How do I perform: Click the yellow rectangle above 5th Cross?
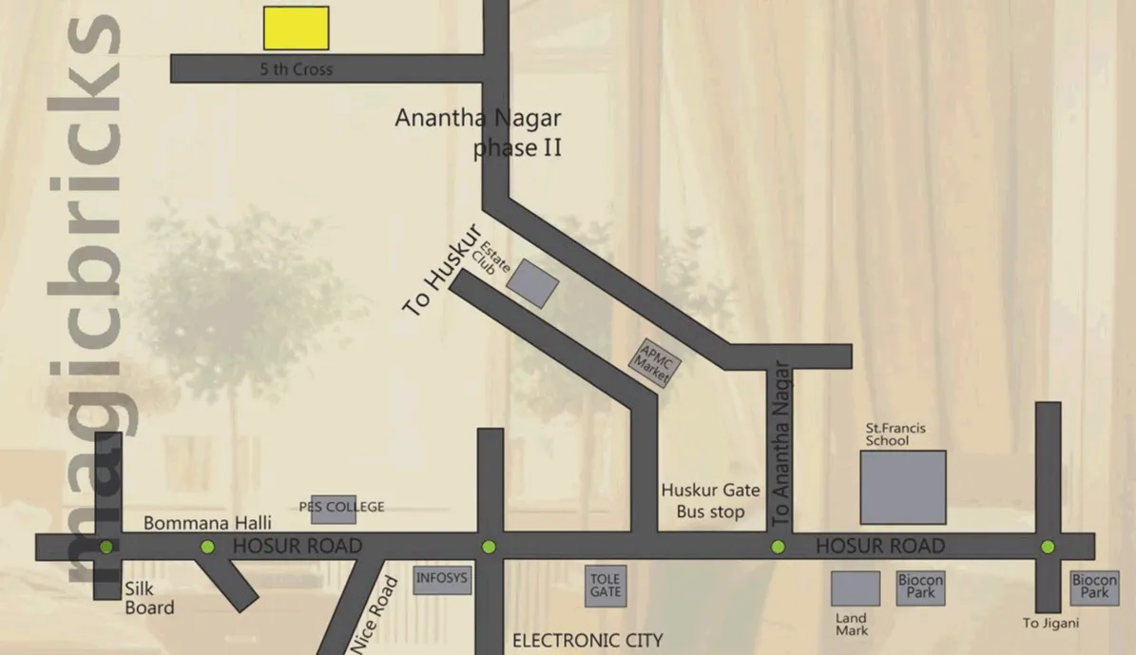pos(296,28)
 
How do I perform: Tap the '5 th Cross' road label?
pos(297,69)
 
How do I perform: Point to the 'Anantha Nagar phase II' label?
pos(479,133)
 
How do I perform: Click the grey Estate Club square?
pos(532,284)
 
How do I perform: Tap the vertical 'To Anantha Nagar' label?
pos(780,444)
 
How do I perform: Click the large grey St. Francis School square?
pos(903,487)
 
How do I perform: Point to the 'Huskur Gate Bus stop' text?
pos(711,501)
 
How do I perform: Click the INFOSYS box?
pos(442,580)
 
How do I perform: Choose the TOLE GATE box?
pos(606,586)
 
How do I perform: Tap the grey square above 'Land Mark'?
pos(856,588)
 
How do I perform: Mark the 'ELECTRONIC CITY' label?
pos(587,641)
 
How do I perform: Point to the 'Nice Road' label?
pos(374,613)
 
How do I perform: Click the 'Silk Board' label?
pos(149,599)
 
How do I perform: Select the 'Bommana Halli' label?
pos(207,523)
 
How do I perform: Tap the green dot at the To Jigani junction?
pos(1048,547)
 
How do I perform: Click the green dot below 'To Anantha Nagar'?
pos(778,547)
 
